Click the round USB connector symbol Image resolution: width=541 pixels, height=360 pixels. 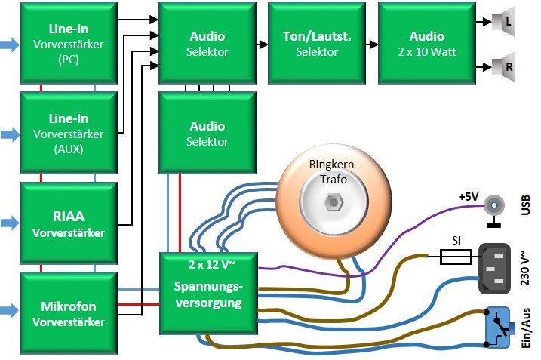click(494, 204)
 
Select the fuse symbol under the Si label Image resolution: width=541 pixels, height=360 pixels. click(456, 258)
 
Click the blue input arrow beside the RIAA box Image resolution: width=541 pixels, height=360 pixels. click(9, 223)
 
